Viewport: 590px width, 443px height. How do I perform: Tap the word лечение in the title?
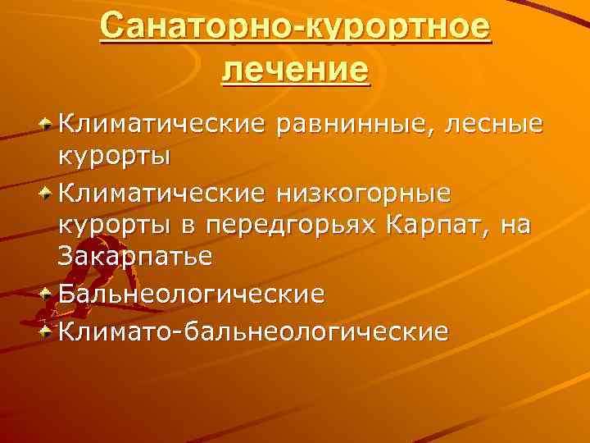click(295, 70)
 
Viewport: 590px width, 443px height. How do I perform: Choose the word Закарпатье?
click(136, 257)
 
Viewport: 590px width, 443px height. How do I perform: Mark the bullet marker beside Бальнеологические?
click(48, 293)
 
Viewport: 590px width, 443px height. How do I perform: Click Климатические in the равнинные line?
click(163, 125)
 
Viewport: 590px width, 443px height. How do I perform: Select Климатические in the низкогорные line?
click(163, 193)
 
